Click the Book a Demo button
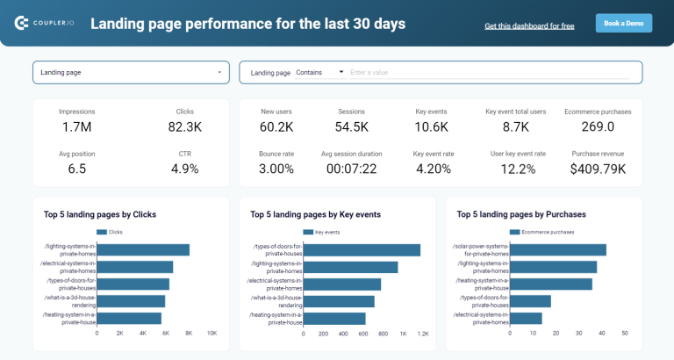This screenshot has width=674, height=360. (623, 24)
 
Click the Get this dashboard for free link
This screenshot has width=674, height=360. (529, 26)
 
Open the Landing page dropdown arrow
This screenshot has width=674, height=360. (219, 72)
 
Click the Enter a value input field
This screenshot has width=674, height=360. (487, 73)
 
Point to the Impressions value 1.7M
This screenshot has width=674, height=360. (77, 127)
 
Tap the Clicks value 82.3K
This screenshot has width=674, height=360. (184, 127)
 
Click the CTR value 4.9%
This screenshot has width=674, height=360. (184, 169)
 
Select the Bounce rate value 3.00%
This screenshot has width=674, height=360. (276, 169)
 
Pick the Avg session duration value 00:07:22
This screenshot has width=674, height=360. (351, 169)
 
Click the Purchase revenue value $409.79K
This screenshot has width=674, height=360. (597, 169)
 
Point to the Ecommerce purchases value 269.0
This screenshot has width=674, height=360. (597, 127)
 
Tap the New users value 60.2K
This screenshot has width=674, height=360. (276, 127)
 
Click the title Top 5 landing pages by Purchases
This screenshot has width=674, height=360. (520, 213)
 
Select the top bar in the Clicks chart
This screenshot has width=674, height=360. (143, 250)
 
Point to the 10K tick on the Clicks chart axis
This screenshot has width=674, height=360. (212, 334)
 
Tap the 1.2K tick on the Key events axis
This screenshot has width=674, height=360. (423, 334)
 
